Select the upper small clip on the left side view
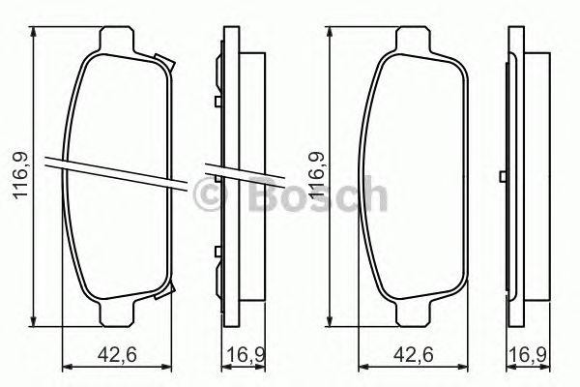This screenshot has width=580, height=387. click(217, 100)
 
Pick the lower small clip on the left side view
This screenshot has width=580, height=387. click(217, 254)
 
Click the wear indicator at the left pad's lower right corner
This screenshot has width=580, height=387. click(170, 291)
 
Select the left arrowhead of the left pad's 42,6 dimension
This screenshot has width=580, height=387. click(66, 366)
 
